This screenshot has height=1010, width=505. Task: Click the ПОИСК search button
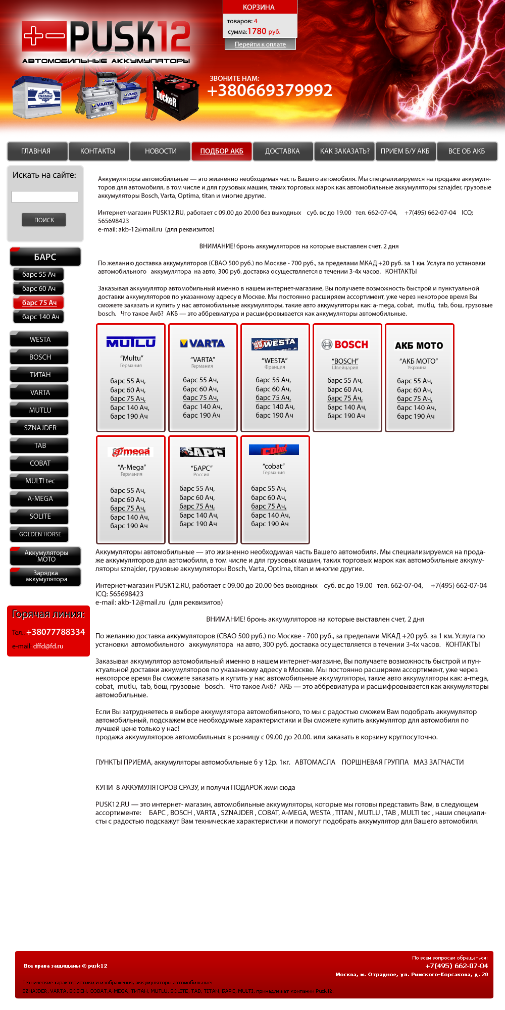pos(44,220)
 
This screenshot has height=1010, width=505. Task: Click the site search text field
pos(45,197)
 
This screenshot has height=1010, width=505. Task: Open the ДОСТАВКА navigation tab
pos(282,151)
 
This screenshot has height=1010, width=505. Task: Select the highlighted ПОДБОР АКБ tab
pos(222,151)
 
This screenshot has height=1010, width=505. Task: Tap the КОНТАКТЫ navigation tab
pos(98,151)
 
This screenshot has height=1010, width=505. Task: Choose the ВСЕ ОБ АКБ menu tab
pos(467,151)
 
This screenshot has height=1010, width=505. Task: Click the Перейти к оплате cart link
pos(260,44)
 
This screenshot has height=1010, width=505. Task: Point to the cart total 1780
pos(257,31)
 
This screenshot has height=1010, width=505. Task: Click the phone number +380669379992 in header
pos(270,90)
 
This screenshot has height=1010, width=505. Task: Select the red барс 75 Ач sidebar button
pos(39,302)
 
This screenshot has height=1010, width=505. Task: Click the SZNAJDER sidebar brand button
pos(40,428)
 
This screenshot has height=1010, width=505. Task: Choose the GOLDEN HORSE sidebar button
pos(40,534)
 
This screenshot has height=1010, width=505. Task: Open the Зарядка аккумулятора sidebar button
pos(46,576)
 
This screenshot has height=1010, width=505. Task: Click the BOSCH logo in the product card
pos(346,344)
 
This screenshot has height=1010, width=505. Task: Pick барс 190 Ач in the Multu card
pos(129,417)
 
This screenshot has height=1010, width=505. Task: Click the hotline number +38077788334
pos(56,632)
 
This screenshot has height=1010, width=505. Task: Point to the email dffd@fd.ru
pos(48,646)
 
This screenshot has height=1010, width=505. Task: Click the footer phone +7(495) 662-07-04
pos(457,966)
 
